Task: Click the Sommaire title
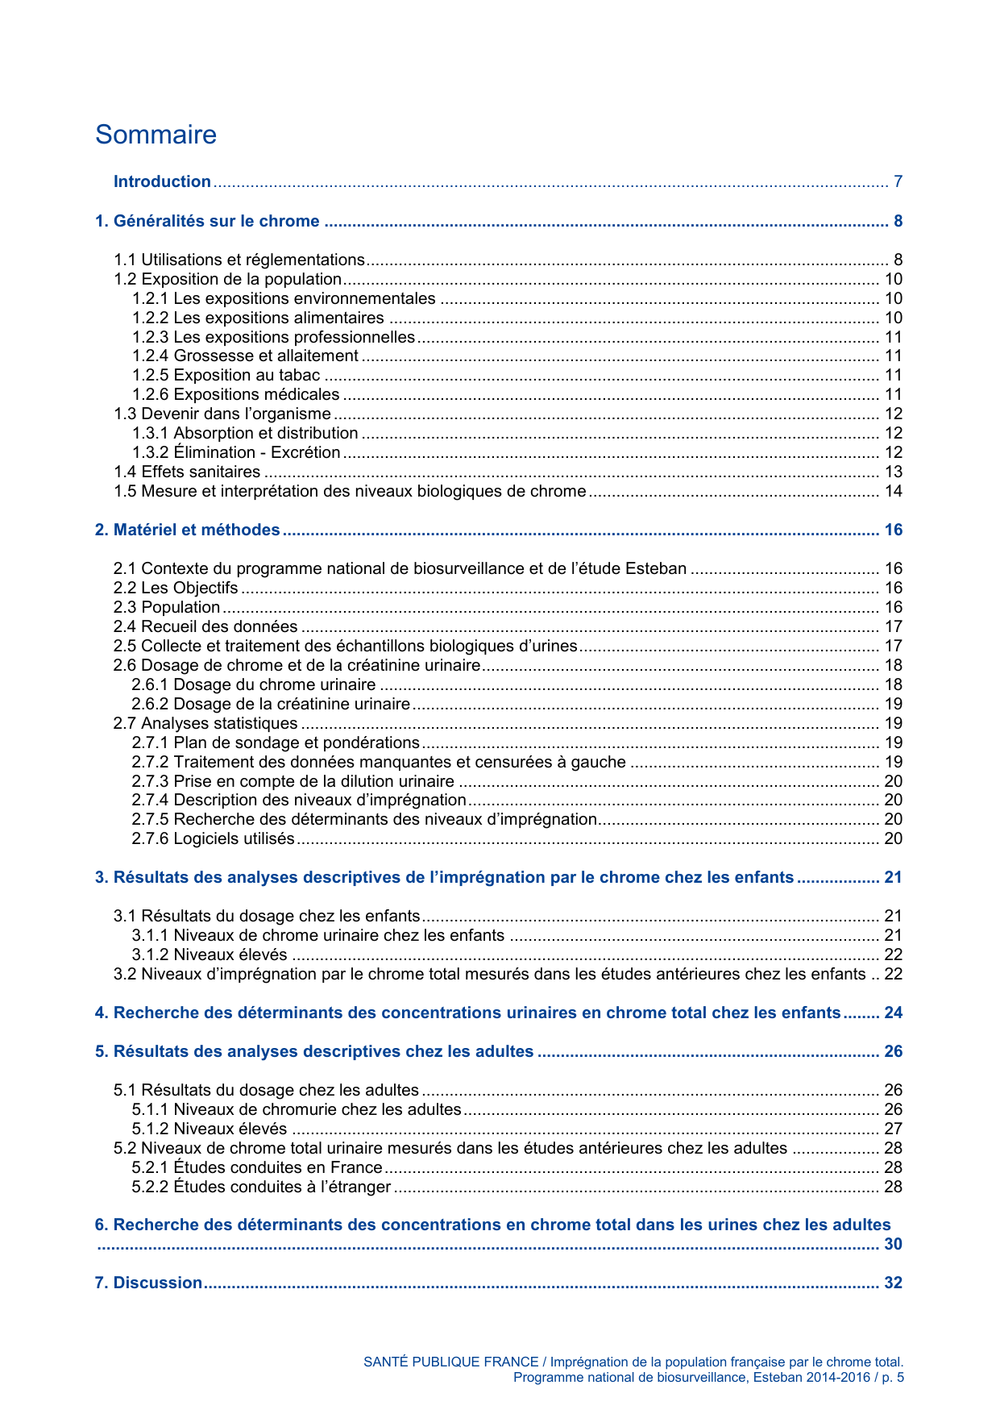click(156, 135)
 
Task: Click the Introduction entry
click(162, 181)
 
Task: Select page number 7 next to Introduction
click(898, 181)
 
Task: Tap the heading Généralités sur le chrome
click(208, 221)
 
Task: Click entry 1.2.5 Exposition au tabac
click(226, 375)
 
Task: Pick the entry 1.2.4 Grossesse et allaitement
click(246, 356)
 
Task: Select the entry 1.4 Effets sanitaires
click(187, 472)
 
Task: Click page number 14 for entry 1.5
click(893, 491)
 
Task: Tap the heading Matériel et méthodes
click(188, 530)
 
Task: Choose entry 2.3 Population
click(167, 607)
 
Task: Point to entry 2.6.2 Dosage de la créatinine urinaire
click(272, 704)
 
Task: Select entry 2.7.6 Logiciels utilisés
click(214, 838)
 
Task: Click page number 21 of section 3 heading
click(893, 877)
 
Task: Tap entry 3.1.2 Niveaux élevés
click(210, 954)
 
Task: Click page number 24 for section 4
click(893, 1013)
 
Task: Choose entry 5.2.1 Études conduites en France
click(257, 1167)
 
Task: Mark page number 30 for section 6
click(893, 1244)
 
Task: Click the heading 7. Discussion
click(149, 1283)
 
